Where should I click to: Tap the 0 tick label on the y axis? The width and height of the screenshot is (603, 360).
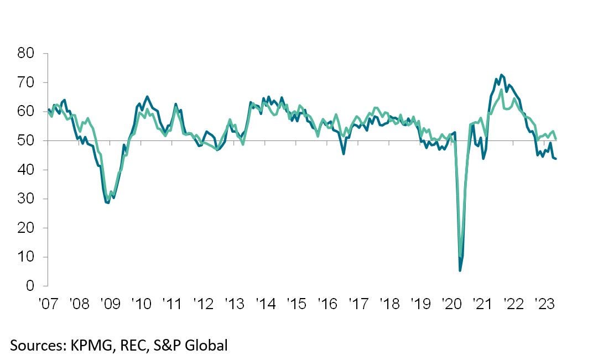point(30,286)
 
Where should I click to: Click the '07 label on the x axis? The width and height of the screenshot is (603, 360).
point(48,304)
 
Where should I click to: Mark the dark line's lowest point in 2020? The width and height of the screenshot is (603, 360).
point(460,270)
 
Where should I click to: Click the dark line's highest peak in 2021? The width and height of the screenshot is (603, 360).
point(501,75)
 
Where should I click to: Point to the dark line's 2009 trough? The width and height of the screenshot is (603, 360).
point(108,202)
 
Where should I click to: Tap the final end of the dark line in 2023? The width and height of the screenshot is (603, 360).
point(555,159)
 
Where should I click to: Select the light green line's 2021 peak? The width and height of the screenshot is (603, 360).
point(501,90)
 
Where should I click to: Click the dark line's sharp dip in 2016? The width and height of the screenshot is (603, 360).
point(344,154)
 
